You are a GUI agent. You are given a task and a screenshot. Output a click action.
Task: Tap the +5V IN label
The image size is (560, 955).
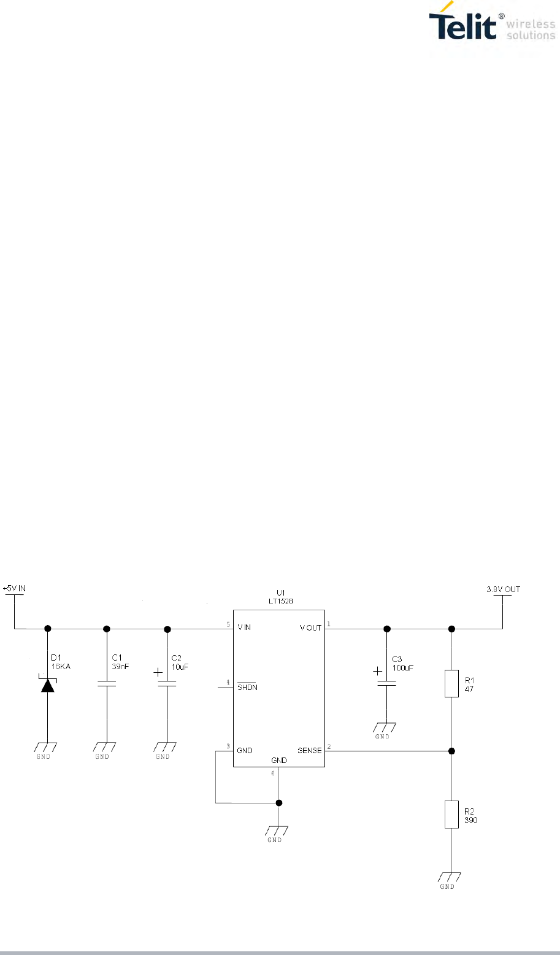coord(15,588)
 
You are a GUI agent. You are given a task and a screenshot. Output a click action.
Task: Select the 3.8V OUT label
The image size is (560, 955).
coord(502,589)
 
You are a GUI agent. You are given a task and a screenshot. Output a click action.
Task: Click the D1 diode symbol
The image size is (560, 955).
coord(48,685)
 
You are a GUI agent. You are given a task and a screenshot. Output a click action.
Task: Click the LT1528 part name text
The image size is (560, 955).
coord(280,600)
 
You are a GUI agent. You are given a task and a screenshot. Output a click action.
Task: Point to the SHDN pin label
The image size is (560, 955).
coord(247,688)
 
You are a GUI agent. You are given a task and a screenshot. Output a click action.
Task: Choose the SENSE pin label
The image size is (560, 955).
coord(310,750)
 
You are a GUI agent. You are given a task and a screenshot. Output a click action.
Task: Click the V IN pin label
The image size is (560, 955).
coord(244,627)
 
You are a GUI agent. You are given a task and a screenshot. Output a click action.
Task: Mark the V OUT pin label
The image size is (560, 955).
coord(310,627)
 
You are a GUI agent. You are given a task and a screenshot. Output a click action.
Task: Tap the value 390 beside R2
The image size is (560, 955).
coord(471,819)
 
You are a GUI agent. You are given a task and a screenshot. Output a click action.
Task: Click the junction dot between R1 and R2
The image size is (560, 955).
coord(451,751)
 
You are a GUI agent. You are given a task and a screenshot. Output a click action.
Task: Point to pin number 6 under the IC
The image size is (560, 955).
coord(274,772)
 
